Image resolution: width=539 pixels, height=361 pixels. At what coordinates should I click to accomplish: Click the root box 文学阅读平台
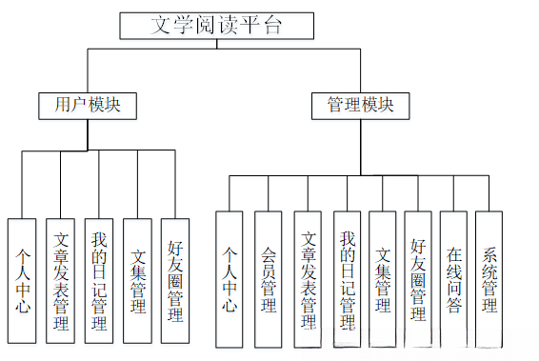pyautogui.click(x=216, y=26)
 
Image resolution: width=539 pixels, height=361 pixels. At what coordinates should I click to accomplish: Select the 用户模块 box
pyautogui.click(x=88, y=106)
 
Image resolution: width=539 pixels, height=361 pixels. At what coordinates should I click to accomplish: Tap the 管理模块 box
pyautogui.click(x=361, y=106)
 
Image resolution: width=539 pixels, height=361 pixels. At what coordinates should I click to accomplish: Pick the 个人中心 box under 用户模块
pyautogui.click(x=22, y=281)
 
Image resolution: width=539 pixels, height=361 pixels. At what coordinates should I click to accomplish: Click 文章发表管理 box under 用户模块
pyautogui.click(x=61, y=281)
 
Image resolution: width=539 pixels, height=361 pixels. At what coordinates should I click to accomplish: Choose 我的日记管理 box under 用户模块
pyautogui.click(x=99, y=281)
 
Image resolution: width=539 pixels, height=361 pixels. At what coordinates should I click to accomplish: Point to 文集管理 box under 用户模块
pyautogui.click(x=137, y=281)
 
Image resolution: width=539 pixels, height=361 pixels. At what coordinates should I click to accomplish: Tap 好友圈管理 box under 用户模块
pyautogui.click(x=175, y=281)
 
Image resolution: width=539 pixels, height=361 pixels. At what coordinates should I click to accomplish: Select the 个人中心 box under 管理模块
pyautogui.click(x=230, y=279)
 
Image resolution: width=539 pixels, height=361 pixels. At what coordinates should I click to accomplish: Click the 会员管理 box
pyautogui.click(x=269, y=279)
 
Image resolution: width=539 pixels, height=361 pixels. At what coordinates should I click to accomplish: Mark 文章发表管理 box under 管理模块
pyautogui.click(x=308, y=279)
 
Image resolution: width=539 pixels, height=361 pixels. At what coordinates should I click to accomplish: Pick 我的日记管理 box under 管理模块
pyautogui.click(x=348, y=279)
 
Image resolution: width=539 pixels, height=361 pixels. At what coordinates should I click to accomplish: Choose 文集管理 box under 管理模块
pyautogui.click(x=383, y=279)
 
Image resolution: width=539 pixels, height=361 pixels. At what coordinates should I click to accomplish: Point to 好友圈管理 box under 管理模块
pyautogui.click(x=418, y=279)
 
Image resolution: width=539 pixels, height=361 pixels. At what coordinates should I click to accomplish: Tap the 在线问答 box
pyautogui.click(x=453, y=279)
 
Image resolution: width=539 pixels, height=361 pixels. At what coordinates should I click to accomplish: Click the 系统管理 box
pyautogui.click(x=489, y=279)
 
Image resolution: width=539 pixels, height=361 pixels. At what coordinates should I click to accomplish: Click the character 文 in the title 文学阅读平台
pyautogui.click(x=161, y=25)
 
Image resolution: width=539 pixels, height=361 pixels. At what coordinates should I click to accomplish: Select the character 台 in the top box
pyautogui.click(x=273, y=25)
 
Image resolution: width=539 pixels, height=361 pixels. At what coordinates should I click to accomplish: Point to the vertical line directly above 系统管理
pyautogui.click(x=489, y=193)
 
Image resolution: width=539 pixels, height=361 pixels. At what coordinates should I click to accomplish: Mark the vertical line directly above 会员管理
pyautogui.click(x=269, y=193)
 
